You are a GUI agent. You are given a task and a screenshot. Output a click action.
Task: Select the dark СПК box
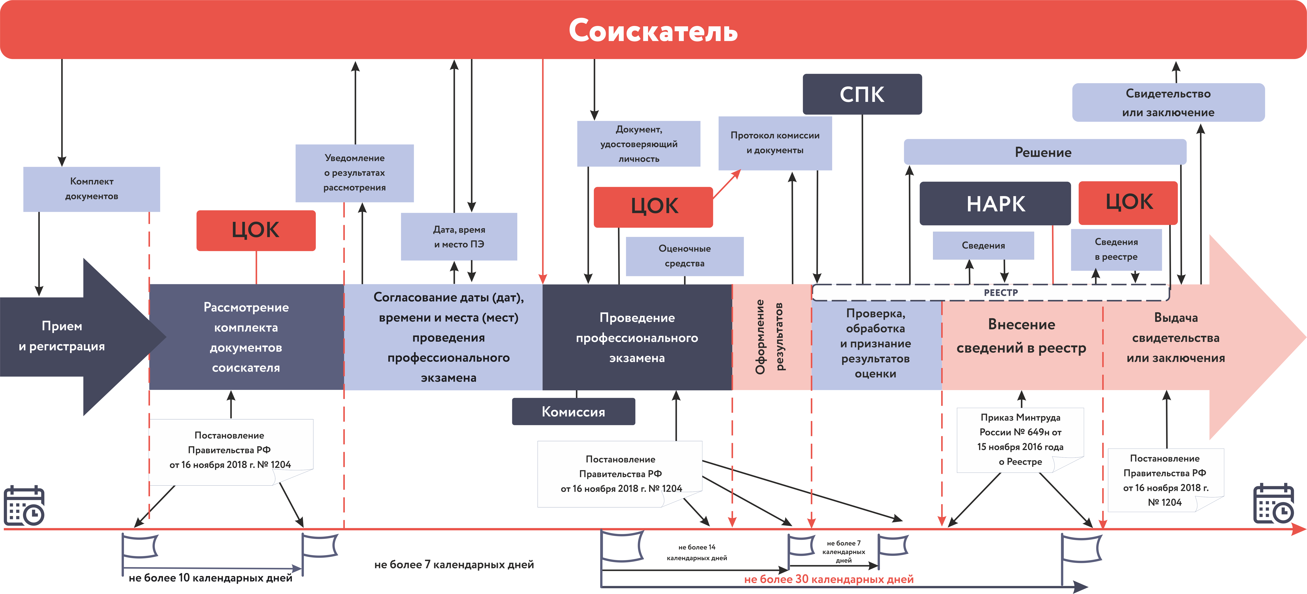click(862, 94)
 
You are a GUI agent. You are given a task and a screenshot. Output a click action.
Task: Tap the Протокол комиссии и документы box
click(775, 143)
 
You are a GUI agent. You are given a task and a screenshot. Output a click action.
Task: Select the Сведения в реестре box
click(1116, 249)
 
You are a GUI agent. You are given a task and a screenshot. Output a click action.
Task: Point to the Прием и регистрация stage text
click(62, 336)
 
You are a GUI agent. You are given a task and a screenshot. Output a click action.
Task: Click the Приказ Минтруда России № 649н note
click(1020, 440)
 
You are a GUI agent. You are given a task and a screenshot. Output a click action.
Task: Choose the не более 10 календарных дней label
click(211, 578)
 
